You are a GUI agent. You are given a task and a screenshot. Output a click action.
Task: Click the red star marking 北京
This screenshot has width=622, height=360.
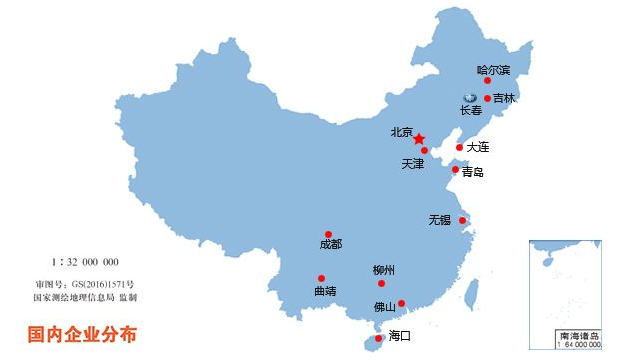tap(419, 138)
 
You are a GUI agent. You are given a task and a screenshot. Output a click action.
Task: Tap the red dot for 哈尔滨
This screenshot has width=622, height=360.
tap(488, 81)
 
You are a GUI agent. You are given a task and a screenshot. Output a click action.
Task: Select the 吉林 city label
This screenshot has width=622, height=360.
tap(504, 98)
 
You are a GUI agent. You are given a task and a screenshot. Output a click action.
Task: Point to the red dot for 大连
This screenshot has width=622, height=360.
tap(460, 147)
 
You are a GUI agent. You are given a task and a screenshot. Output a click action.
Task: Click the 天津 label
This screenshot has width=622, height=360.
tap(413, 162)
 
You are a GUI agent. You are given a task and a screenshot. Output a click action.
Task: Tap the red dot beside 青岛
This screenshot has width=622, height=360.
tap(455, 170)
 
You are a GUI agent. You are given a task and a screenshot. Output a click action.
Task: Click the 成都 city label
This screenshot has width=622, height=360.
tap(330, 244)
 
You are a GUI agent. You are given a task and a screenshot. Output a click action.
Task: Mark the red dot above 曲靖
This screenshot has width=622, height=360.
tap(322, 278)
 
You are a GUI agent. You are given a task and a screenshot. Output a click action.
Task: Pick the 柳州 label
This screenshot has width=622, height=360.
tap(384, 270)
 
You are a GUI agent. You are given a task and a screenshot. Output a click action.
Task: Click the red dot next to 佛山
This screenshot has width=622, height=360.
tap(402, 303)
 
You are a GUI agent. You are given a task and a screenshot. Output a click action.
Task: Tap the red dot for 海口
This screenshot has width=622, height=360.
tap(378, 338)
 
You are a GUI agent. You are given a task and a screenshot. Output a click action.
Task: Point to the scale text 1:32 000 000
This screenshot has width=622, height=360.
tap(85, 262)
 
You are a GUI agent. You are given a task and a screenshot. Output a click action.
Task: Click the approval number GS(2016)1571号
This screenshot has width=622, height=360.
tap(84, 284)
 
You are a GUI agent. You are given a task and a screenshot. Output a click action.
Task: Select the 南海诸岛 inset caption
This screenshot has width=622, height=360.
tap(578, 336)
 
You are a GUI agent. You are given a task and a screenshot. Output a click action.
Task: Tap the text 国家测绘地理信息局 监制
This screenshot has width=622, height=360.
tap(84, 297)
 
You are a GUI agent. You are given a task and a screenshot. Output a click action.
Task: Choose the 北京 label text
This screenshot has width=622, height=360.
tap(402, 130)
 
